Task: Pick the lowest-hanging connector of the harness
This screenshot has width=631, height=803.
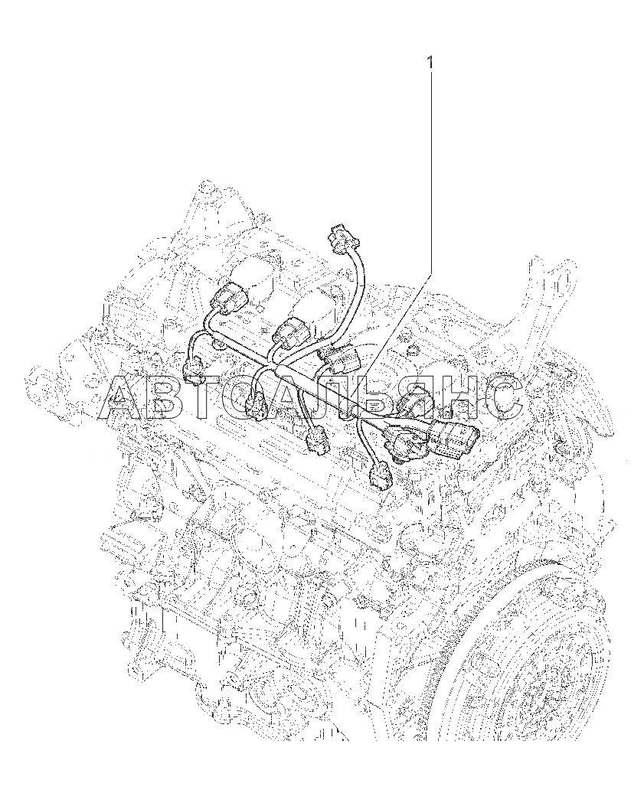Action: (380, 477)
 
